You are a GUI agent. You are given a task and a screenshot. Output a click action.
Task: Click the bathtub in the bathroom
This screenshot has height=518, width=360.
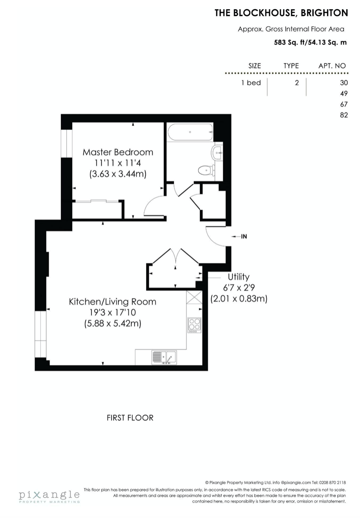click(x=190, y=133)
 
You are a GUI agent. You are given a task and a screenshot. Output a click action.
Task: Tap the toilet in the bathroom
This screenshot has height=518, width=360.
click(x=206, y=171)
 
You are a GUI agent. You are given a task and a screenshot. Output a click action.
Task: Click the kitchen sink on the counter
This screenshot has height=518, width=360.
click(x=164, y=357)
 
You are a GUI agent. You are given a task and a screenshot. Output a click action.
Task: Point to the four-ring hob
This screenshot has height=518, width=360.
click(x=194, y=324)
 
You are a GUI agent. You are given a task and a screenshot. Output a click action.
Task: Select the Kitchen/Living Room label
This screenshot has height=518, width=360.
click(x=112, y=301)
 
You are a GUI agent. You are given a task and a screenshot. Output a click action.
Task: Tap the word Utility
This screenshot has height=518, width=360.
click(x=238, y=277)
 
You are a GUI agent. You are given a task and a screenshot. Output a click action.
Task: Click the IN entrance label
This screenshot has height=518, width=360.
click(x=244, y=237)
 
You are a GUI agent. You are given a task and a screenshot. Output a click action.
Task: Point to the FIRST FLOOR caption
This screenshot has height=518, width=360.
click(x=130, y=418)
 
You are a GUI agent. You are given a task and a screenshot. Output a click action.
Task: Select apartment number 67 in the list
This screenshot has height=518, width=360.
click(x=343, y=104)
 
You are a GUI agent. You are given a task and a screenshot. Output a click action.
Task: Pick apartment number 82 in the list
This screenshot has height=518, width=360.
click(x=343, y=115)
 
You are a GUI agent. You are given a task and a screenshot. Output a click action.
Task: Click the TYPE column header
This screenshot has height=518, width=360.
click(x=291, y=66)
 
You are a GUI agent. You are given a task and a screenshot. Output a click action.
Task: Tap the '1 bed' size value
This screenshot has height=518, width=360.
click(x=251, y=83)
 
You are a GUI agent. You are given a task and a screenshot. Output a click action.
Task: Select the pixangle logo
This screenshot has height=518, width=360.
click(x=49, y=495)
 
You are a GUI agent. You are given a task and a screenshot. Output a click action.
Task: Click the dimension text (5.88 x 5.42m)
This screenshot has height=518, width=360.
click(x=112, y=324)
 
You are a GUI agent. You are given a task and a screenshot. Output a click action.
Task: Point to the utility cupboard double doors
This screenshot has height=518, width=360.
click(x=175, y=258)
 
